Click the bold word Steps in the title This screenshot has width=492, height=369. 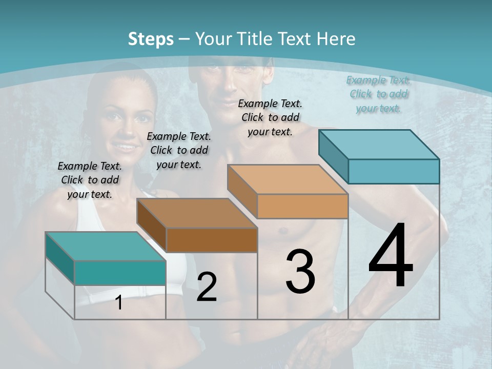point(151,39)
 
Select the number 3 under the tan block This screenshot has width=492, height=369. point(300,272)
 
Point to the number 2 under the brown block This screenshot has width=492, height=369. point(207,287)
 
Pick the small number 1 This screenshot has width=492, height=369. point(119,302)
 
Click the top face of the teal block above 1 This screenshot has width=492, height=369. point(106,246)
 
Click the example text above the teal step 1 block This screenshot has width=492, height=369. point(90,180)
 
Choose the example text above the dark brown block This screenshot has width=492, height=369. point(179,150)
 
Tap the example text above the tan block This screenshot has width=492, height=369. point(270,117)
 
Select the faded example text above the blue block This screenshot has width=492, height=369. point(378,94)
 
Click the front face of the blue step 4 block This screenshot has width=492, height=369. point(394,171)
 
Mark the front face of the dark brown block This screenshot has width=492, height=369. point(211,240)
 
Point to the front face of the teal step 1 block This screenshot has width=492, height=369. point(120,273)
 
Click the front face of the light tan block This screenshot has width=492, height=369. point(302,206)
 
